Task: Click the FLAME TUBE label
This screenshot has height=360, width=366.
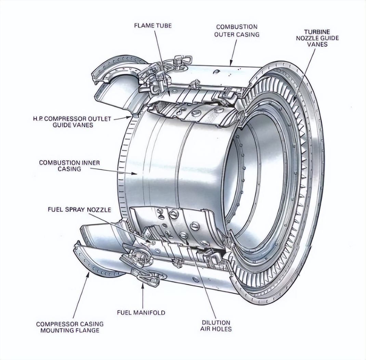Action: tap(153, 26)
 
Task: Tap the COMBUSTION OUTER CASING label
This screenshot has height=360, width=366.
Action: tap(237, 30)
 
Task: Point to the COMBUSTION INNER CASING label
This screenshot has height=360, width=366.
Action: tap(69, 166)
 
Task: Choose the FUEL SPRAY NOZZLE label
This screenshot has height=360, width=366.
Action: tap(79, 209)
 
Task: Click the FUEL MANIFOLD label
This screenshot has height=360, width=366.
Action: tap(141, 312)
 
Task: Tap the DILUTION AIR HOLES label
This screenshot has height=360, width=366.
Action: tap(216, 326)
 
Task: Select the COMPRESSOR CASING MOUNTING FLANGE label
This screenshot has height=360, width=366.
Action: tap(70, 327)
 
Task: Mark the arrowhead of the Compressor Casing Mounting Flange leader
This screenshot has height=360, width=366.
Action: tap(88, 273)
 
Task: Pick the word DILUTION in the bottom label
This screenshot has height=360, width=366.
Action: tap(216, 322)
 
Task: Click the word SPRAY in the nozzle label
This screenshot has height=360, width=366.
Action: tap(79, 209)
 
